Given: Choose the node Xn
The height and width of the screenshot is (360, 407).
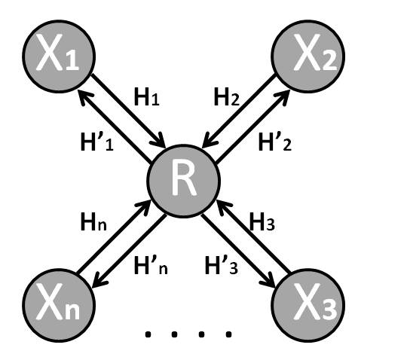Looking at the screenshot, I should (x=57, y=304).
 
